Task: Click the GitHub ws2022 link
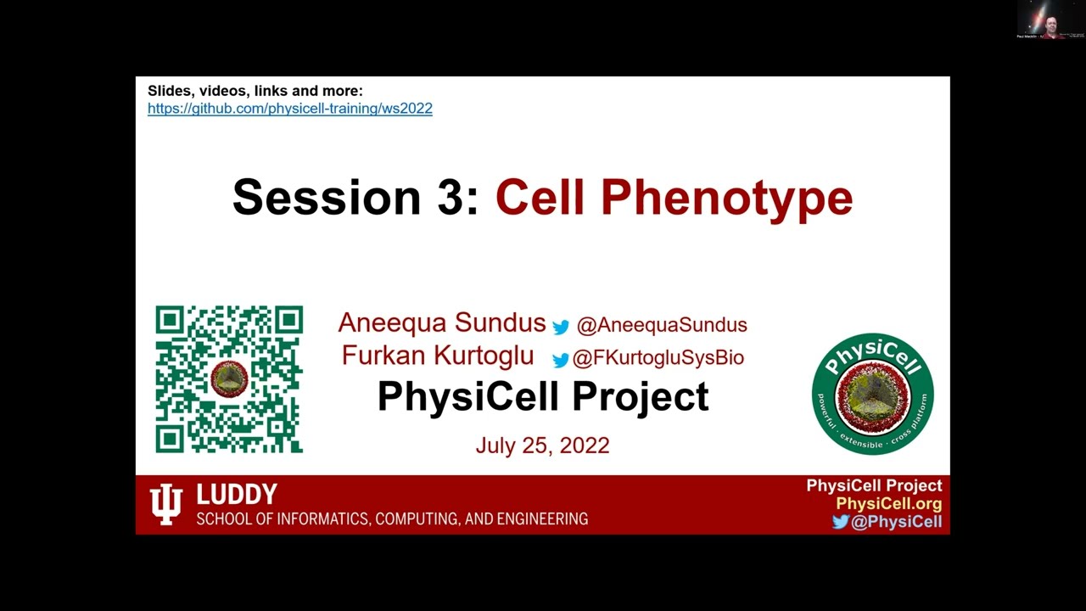(289, 109)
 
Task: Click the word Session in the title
(326, 197)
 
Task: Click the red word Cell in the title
(540, 197)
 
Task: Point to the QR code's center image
(228, 379)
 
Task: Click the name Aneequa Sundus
(441, 323)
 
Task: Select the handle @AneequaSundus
(661, 325)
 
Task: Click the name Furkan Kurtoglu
(437, 356)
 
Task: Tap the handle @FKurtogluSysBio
(658, 358)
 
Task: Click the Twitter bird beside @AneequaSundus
(561, 327)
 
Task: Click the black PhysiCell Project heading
(542, 396)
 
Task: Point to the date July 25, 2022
(542, 446)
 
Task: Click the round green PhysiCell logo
(872, 394)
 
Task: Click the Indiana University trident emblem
(165, 505)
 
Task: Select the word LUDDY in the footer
(237, 495)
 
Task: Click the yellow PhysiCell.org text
(888, 503)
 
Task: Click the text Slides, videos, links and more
(255, 91)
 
